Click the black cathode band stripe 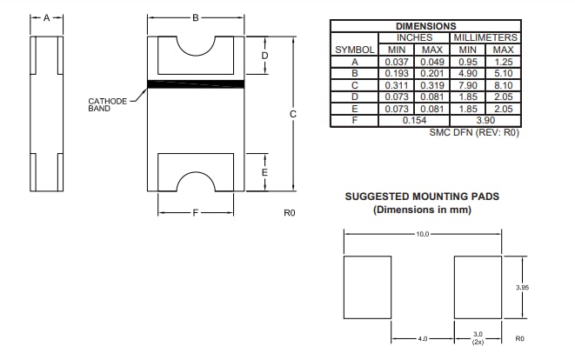[x=196, y=84]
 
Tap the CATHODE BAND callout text [x=108, y=105]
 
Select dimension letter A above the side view [x=47, y=17]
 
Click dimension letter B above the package [x=196, y=17]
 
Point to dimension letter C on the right [x=293, y=113]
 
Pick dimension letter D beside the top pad [x=264, y=57]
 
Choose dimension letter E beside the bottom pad [x=264, y=172]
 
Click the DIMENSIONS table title [x=425, y=26]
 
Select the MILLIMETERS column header [x=485, y=37]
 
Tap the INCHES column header [x=414, y=37]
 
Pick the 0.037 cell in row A [x=396, y=62]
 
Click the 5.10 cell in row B [x=503, y=73]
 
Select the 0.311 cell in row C [x=396, y=85]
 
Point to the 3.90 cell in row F [x=485, y=120]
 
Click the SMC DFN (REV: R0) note [x=473, y=132]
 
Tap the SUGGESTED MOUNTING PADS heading [x=422, y=197]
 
